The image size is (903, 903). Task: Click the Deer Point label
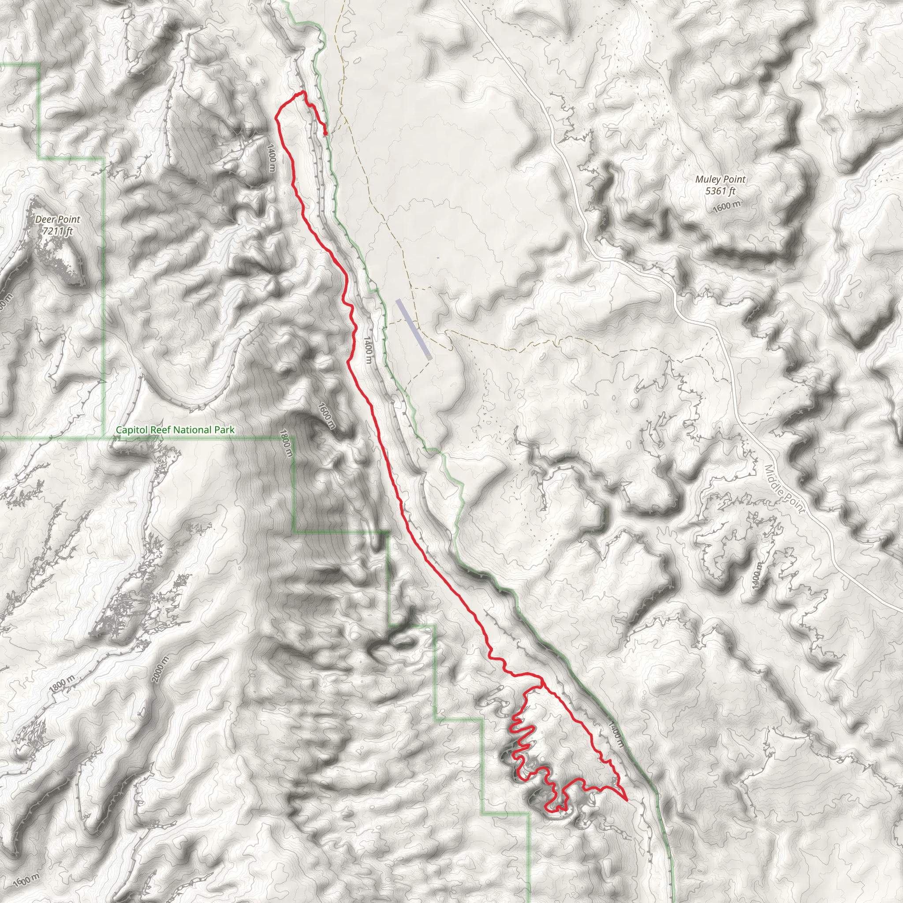point(58,219)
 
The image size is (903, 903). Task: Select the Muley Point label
point(720,179)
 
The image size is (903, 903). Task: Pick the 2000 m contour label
point(160,669)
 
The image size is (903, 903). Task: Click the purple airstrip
point(413,329)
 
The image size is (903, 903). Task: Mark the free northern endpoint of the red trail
point(325,134)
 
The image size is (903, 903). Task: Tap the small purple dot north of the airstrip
point(438,258)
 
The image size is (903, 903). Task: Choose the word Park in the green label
point(224,430)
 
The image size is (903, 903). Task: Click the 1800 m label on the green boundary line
point(287,443)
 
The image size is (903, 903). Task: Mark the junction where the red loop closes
point(542,687)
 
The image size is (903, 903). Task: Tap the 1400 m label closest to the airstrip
point(368,350)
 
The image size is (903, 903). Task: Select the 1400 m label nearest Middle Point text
point(757,575)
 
